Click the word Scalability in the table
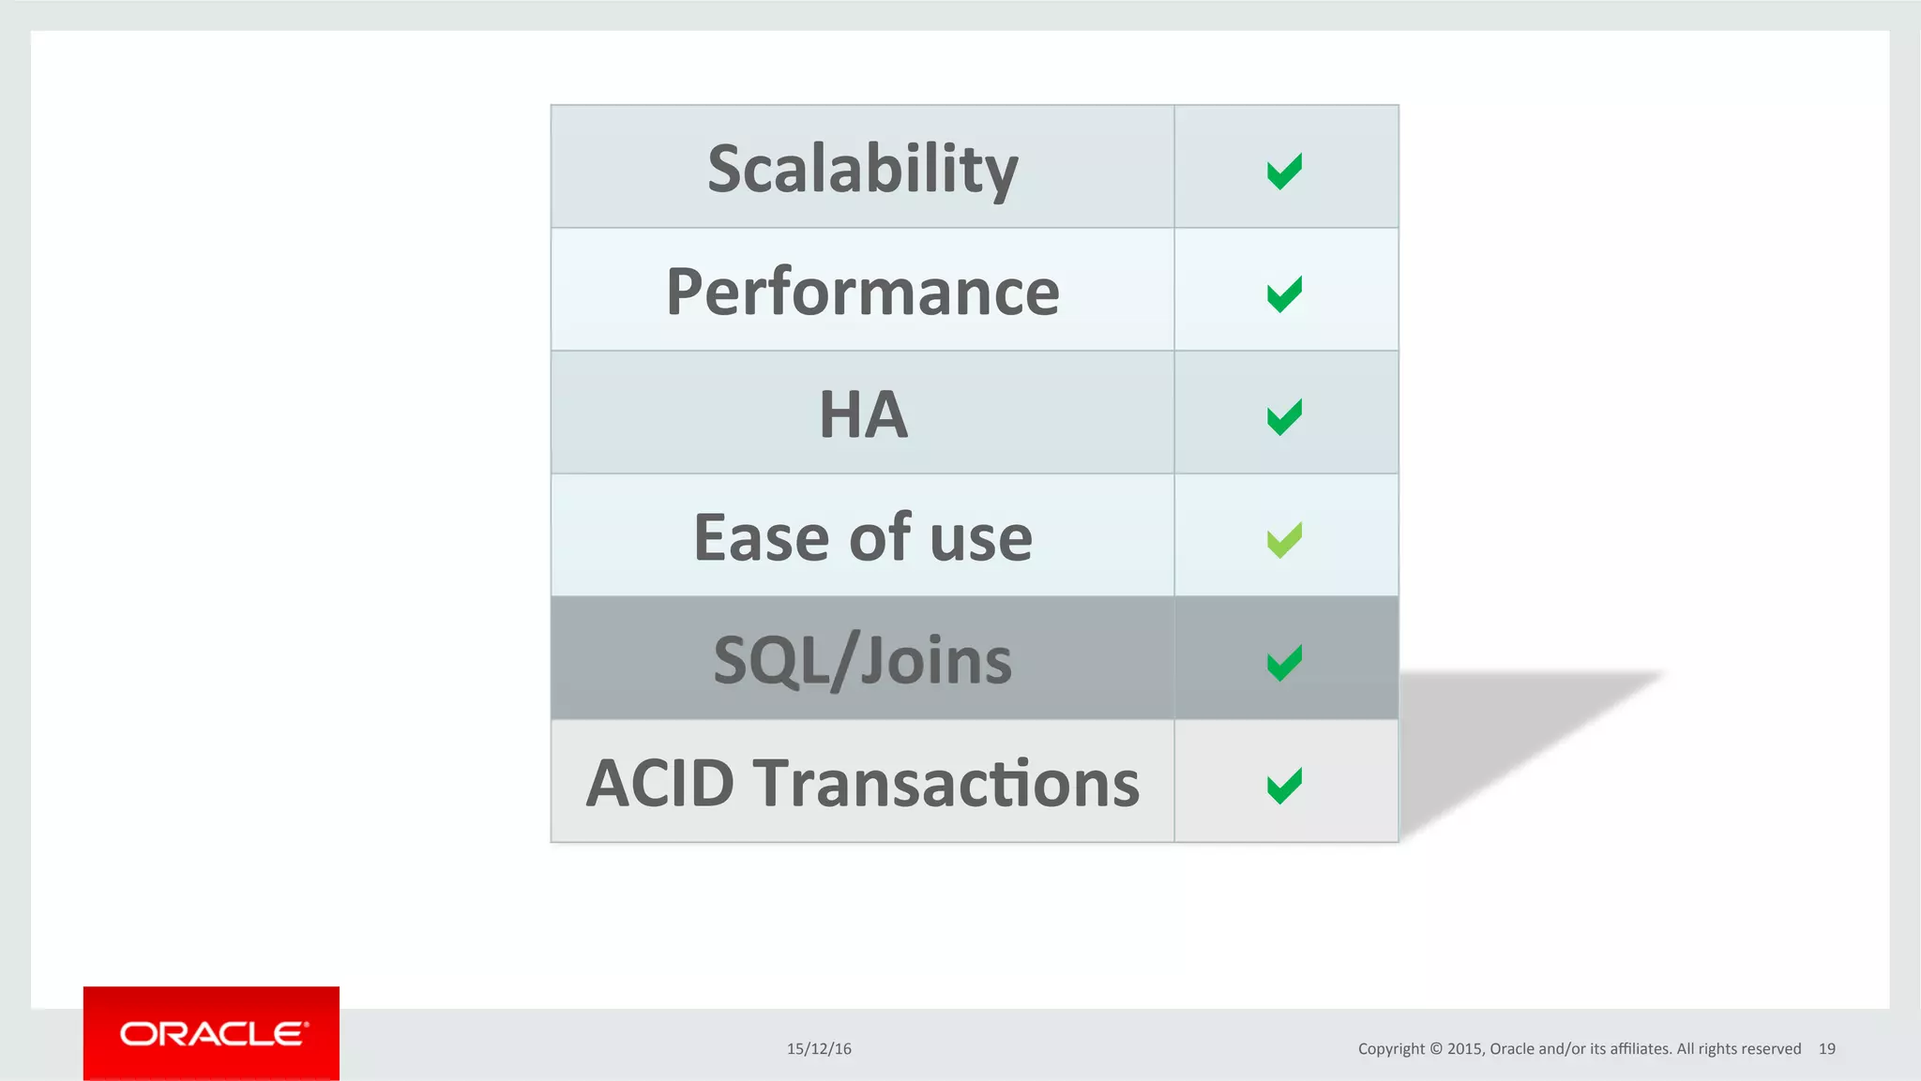862,170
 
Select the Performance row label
862,292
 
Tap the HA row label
863,414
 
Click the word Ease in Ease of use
761,538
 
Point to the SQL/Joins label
862,660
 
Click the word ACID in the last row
659,784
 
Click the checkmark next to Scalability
1284,171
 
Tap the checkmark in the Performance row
1284,293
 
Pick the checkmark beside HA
1284,416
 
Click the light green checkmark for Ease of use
1284,539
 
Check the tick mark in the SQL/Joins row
1284,662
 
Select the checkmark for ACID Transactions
1284,785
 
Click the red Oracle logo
212,1033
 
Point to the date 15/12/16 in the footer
819,1049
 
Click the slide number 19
1826,1049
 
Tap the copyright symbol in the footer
1435,1049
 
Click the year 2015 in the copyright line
1464,1049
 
